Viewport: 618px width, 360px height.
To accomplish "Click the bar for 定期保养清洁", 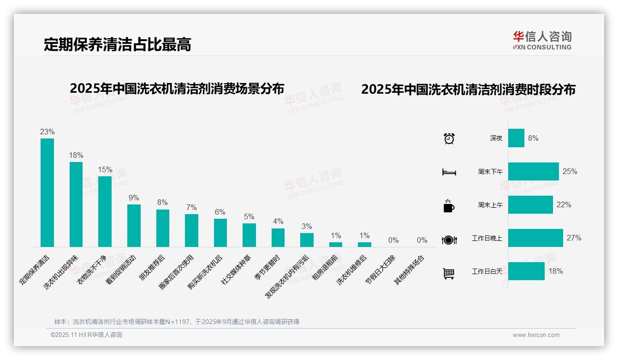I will pos(47,192).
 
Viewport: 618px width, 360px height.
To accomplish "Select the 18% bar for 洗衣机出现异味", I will pos(76,204).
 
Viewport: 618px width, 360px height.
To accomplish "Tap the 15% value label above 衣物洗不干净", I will pos(105,169).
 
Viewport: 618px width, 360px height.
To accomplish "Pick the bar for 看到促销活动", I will pos(134,225).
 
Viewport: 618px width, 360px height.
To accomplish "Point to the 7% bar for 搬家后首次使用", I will pos(191,230).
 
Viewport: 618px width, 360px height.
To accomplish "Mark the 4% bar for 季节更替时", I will pos(278,237).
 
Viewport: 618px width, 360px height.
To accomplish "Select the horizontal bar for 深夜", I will pos(516,138).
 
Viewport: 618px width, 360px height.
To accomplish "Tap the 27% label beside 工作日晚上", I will pos(574,238).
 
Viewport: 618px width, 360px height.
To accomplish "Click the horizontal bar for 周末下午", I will pos(533,171).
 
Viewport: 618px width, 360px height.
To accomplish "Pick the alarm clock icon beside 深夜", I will pos(449,138).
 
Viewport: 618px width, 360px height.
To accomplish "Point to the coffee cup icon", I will pos(449,206).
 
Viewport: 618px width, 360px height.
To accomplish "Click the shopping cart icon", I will pos(449,273).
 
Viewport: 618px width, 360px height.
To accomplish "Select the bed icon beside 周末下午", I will pos(449,172).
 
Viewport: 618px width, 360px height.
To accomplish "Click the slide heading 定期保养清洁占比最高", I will pos(117,44).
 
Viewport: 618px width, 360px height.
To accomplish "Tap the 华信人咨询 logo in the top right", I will pos(542,40).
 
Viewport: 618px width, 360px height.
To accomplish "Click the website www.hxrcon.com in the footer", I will pos(536,335).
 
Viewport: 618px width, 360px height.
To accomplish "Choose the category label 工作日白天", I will pos(487,271).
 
